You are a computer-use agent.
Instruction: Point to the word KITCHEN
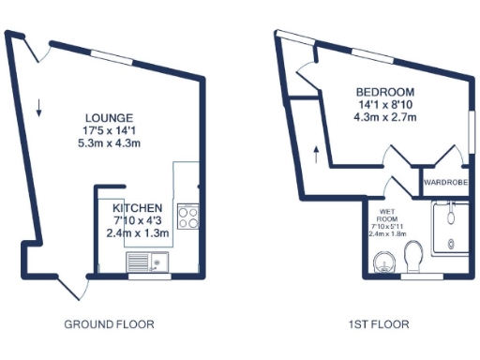pos(138,207)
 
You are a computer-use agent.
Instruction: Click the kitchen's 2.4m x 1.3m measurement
pos(138,233)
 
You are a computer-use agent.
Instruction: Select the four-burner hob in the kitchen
pos(187,217)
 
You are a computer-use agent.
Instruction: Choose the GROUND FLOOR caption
pos(109,324)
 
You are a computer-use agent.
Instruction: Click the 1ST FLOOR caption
pos(379,324)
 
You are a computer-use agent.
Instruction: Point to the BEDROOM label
pos(385,91)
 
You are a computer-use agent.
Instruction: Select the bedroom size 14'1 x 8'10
pos(385,104)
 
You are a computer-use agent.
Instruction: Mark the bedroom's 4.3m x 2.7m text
pos(385,117)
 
